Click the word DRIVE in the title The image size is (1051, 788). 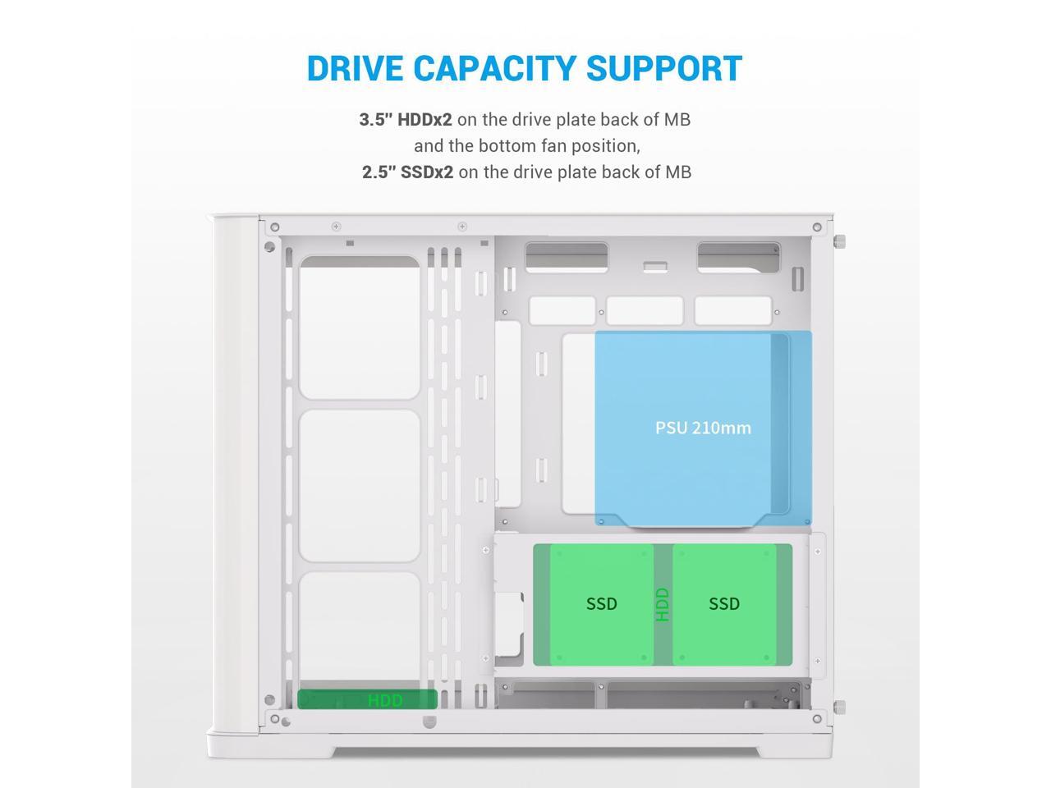coord(355,68)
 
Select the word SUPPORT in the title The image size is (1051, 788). coord(666,68)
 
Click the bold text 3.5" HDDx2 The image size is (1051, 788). coord(406,120)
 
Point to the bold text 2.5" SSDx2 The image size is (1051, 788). coord(407,172)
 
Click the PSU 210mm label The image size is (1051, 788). coord(703,428)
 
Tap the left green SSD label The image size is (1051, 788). coord(601,604)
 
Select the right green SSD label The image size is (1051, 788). coord(724,604)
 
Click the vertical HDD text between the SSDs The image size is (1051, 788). coord(663,604)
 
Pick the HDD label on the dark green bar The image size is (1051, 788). coord(385,700)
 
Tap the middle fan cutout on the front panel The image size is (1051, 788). coord(360,486)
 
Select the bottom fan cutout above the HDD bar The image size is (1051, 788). coord(360,628)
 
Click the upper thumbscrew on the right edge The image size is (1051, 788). coord(839,242)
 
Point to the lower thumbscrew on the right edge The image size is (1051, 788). coord(839,707)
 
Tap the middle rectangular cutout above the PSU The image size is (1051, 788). coord(645,311)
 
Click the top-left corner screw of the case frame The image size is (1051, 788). coord(275,227)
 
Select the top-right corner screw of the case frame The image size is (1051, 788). coord(817,227)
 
